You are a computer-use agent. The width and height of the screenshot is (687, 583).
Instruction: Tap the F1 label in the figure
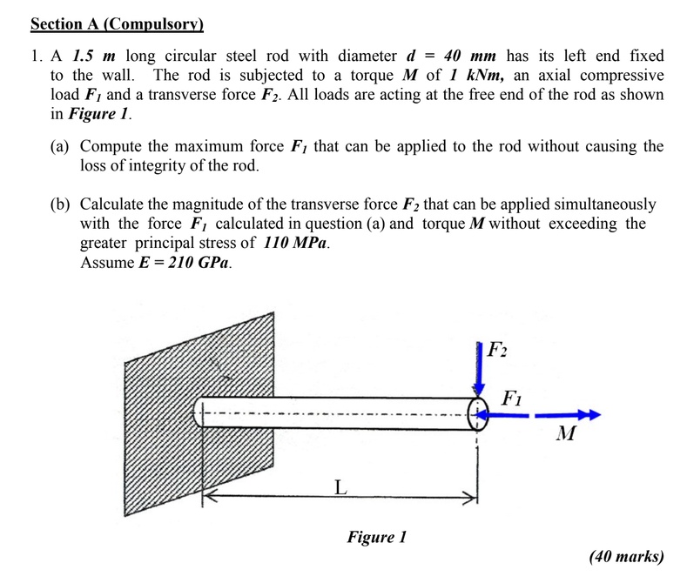pos(513,399)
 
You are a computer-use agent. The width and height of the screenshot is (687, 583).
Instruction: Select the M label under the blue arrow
pos(566,433)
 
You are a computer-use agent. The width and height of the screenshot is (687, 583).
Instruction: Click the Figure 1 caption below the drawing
pos(376,537)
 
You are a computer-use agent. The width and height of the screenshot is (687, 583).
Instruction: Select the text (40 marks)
pos(626,556)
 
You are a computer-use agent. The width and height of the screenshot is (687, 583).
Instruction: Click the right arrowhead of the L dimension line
pos(474,499)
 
